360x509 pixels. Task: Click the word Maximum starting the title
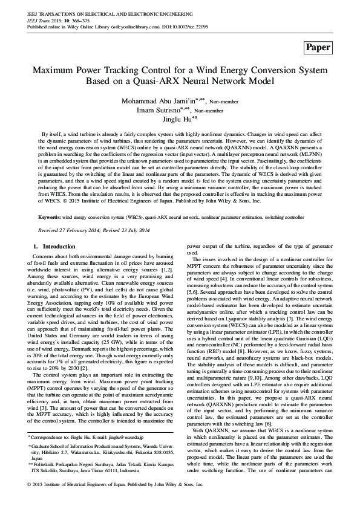[x=53, y=70]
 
